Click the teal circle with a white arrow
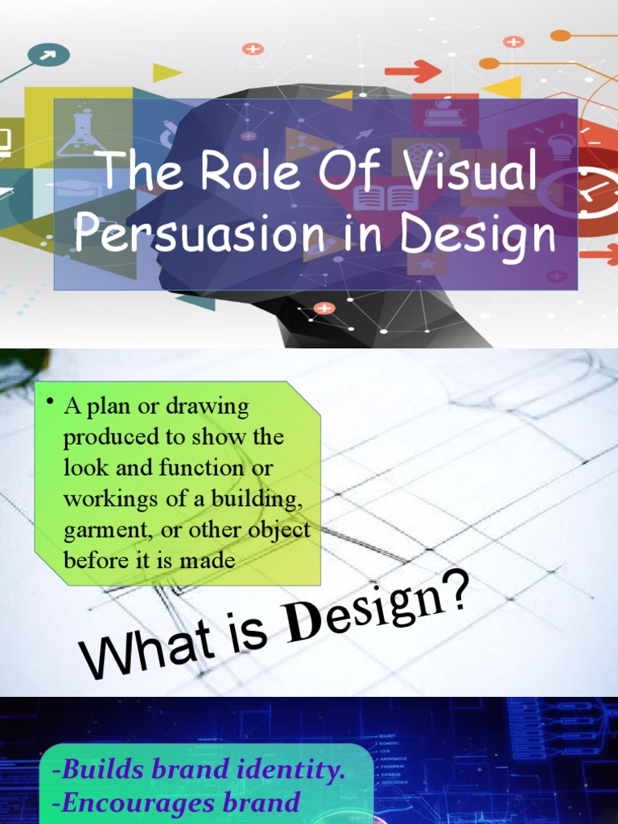(x=48, y=55)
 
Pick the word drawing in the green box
(x=208, y=406)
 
